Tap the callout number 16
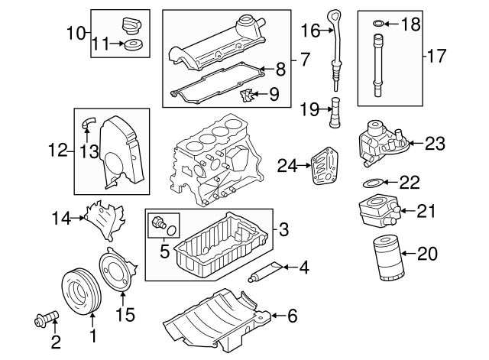(310, 31)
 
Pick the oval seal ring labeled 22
(371, 183)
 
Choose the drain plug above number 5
(158, 223)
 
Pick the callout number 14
(60, 219)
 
